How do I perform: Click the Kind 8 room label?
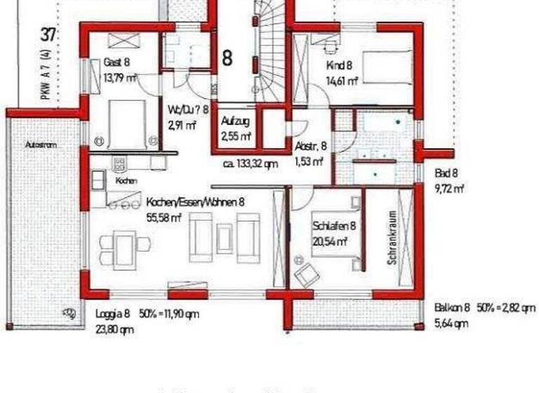[x=338, y=66]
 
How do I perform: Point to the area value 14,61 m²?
[x=342, y=81]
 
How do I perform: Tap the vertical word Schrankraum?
[x=392, y=238]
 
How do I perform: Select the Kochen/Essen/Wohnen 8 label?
[x=195, y=202]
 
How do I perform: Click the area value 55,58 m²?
[x=164, y=218]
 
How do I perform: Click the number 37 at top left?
[x=48, y=34]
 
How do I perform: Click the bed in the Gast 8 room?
[x=126, y=123]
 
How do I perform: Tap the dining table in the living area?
[x=125, y=245]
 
